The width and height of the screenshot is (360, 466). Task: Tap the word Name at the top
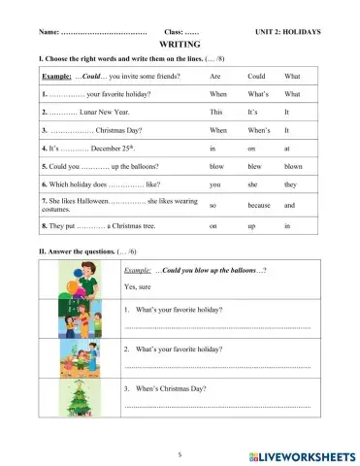pyautogui.click(x=48, y=31)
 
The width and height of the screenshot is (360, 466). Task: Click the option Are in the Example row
pyautogui.click(x=215, y=76)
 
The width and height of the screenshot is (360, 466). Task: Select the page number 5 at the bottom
pyautogui.click(x=180, y=453)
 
